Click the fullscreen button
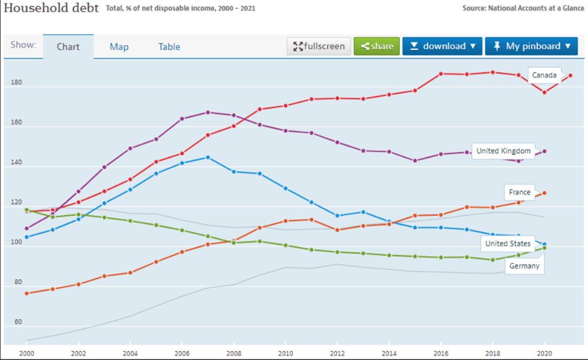[320, 47]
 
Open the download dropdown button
[442, 47]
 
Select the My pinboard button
[531, 47]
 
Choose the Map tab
[119, 47]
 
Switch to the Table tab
[169, 47]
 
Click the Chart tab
[68, 47]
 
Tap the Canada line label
[544, 76]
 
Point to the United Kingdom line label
[504, 152]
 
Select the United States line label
[508, 244]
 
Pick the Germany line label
[524, 266]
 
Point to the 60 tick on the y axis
[17, 322]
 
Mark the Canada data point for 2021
[570, 75]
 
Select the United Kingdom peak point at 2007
[208, 113]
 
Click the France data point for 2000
[27, 293]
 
